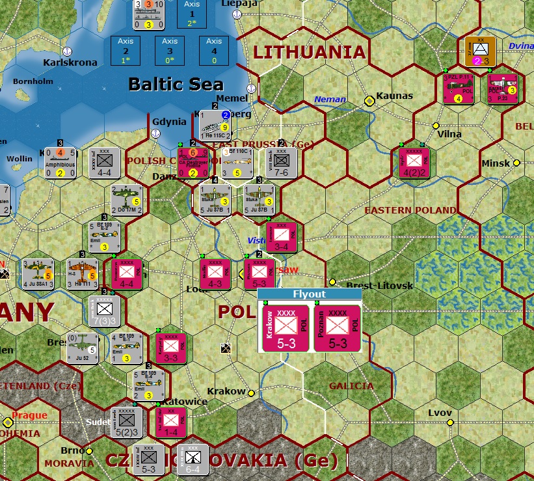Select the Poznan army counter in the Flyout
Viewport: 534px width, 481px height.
click(x=338, y=327)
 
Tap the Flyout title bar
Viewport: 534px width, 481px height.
click(x=310, y=294)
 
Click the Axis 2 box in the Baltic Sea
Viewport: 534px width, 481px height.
click(x=125, y=50)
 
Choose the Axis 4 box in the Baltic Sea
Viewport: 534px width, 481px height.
click(x=214, y=50)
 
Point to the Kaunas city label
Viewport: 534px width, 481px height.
click(x=395, y=96)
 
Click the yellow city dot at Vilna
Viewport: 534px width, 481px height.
click(x=435, y=126)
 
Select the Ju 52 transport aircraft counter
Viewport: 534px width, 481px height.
click(x=83, y=349)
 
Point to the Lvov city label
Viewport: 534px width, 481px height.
click(x=439, y=413)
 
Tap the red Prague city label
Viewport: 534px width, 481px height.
click(x=29, y=415)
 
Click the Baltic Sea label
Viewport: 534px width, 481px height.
click(x=176, y=84)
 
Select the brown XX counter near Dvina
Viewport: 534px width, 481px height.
click(x=480, y=51)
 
